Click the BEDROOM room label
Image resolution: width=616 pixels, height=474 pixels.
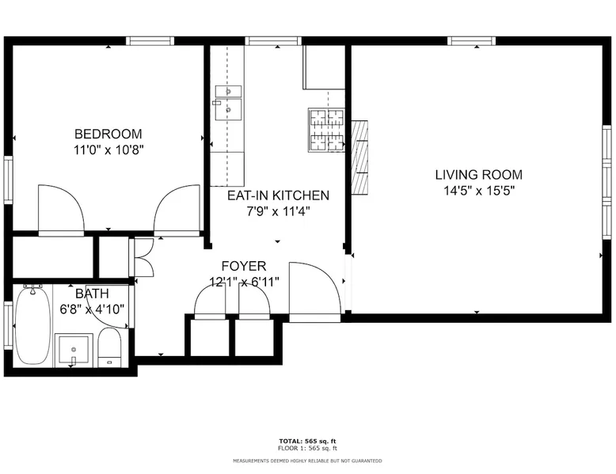tap(108, 134)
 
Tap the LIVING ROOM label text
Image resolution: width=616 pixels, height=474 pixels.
tap(478, 175)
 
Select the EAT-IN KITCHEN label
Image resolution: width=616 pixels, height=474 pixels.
tap(278, 195)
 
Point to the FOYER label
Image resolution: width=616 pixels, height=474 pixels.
tap(244, 266)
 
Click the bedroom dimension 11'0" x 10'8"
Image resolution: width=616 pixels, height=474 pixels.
tap(108, 150)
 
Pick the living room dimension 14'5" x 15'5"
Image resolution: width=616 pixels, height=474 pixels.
tap(479, 191)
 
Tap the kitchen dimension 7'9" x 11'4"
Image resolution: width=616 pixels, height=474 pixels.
tap(278, 211)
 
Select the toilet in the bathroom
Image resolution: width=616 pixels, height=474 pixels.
tap(108, 347)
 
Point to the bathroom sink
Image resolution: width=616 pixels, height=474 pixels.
tap(74, 349)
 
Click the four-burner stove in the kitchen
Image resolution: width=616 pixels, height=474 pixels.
tap(326, 131)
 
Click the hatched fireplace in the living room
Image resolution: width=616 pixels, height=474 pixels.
tap(359, 157)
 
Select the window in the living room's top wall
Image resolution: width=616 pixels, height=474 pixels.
tap(471, 41)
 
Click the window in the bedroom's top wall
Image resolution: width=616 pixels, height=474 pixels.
tap(150, 41)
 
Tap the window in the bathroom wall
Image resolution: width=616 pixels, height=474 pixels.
tap(8, 324)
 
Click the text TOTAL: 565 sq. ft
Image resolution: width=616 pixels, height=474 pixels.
tap(308, 442)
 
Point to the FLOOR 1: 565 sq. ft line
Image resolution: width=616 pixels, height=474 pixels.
tap(308, 448)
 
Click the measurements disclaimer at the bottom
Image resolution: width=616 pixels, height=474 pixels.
tap(308, 461)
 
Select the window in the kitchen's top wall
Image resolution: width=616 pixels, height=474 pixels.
tap(273, 41)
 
